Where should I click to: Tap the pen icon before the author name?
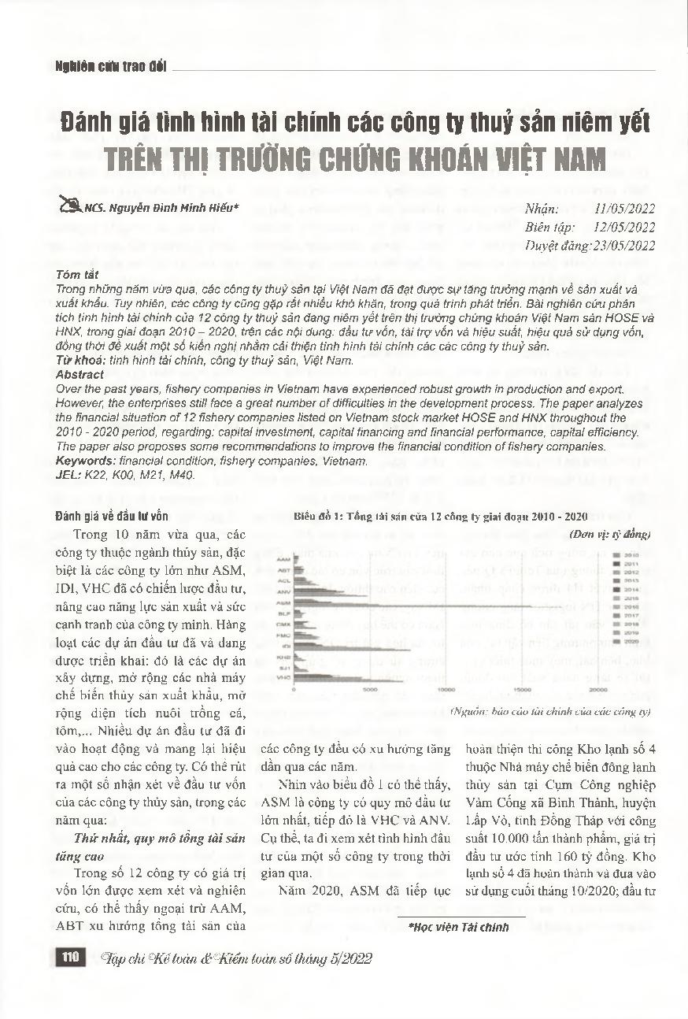tap(68, 207)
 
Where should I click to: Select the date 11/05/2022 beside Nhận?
tap(626, 209)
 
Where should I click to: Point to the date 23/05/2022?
tap(626, 246)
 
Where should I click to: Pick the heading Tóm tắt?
tap(77, 275)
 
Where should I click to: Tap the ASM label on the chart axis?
tap(284, 602)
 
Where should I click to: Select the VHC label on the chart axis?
tap(284, 676)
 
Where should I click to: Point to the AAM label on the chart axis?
tap(284, 559)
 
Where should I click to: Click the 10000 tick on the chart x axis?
tap(446, 691)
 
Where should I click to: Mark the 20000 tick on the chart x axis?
tap(597, 691)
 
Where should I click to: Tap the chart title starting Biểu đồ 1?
tap(441, 517)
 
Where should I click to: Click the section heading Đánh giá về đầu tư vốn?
tap(112, 517)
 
